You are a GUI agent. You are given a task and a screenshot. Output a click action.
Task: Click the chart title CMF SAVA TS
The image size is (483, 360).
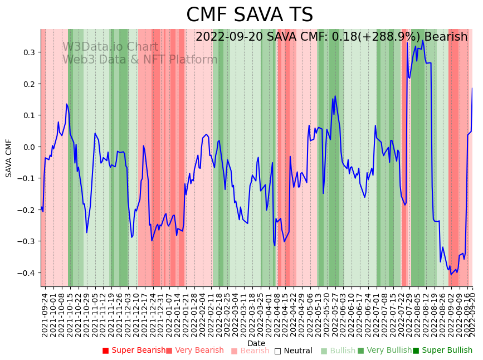click(250, 15)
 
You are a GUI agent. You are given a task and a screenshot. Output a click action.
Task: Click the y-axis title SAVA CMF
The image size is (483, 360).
click(9, 158)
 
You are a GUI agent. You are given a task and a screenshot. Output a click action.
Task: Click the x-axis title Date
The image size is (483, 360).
click(256, 343)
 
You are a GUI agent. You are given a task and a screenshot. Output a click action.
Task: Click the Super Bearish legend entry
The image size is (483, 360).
click(134, 351)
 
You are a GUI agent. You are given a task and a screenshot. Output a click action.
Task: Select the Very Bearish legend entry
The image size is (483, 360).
click(194, 351)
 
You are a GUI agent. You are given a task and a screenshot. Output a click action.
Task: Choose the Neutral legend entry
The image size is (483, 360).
click(293, 351)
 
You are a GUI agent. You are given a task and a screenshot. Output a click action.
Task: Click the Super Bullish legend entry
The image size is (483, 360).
click(442, 351)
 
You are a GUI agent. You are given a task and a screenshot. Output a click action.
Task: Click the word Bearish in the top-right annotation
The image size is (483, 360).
click(445, 37)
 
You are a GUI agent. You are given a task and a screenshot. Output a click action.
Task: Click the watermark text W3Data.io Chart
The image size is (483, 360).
click(110, 47)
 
